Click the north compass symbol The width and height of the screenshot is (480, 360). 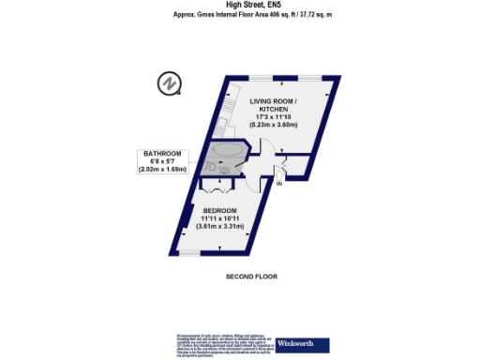tap(168, 83)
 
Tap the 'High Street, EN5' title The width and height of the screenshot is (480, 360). tap(240, 6)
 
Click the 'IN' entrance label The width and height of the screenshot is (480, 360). tap(278, 185)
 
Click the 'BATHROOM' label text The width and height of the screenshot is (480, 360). tap(162, 154)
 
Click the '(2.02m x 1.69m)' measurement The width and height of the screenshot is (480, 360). tap(162, 171)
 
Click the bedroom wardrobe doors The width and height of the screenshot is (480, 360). tap(217, 185)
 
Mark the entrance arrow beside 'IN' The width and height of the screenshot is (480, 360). tap(278, 174)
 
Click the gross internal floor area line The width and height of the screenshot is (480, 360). tap(239, 15)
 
